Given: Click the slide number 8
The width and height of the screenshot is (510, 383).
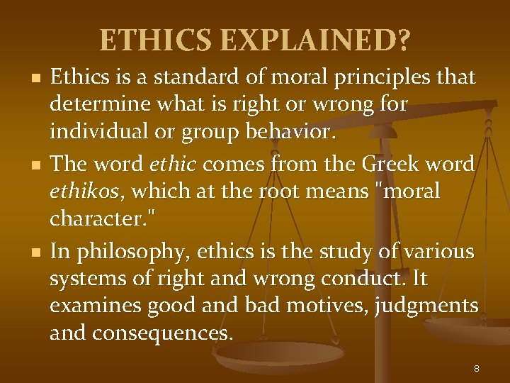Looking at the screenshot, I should coord(476,367).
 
